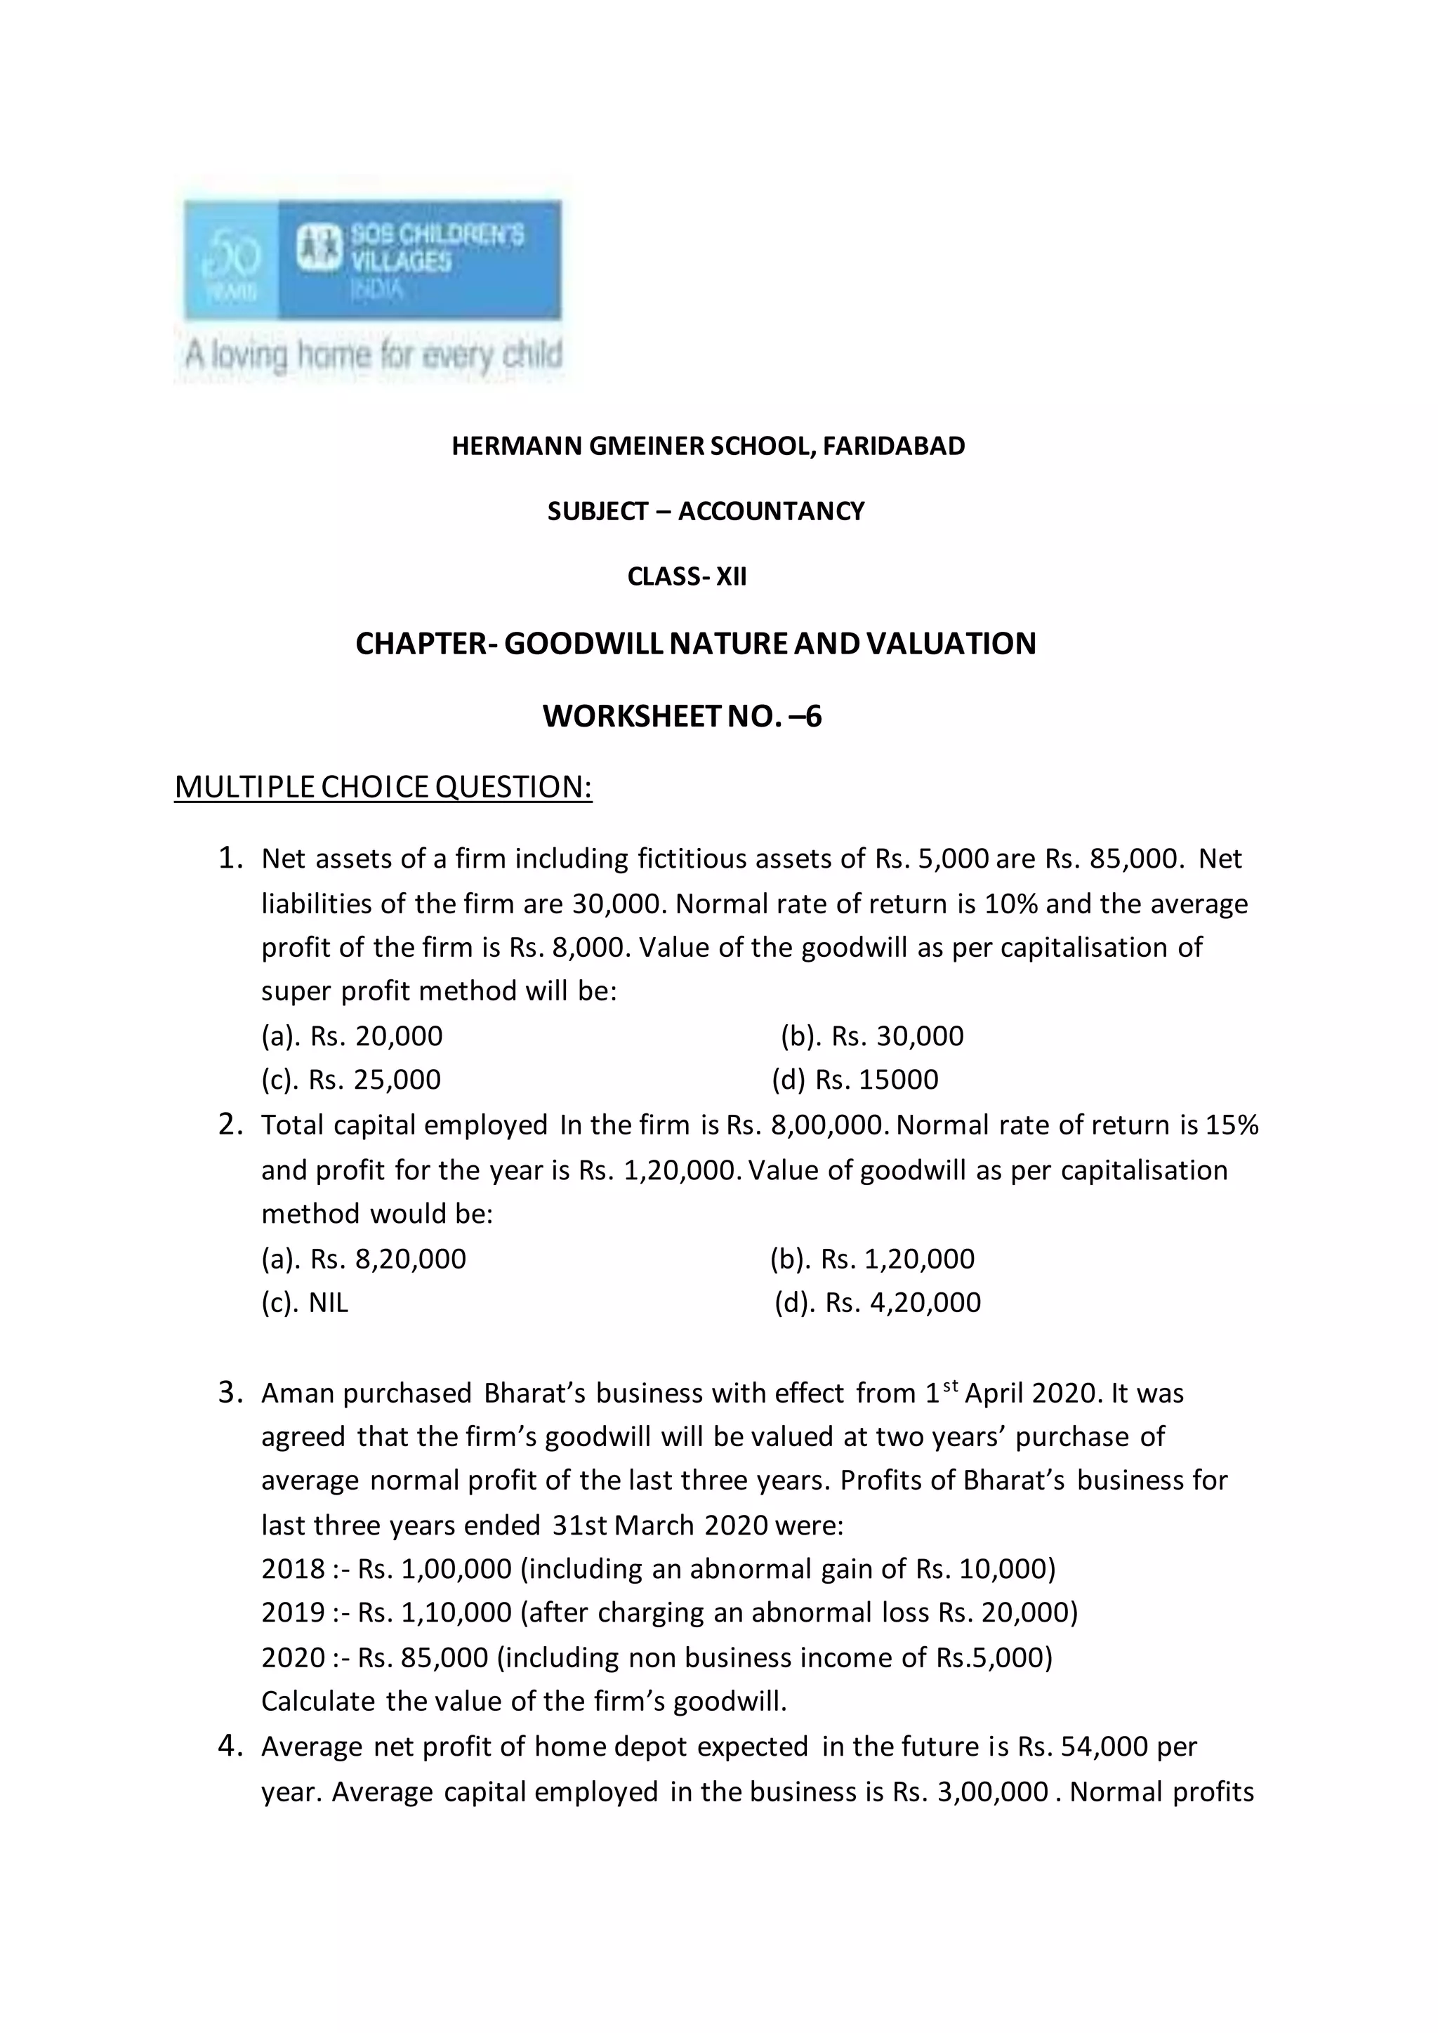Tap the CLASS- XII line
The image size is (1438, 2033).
tap(687, 577)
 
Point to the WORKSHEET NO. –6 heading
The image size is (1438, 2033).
tap(682, 715)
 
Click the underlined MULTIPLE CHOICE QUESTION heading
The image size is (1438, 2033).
tap(383, 786)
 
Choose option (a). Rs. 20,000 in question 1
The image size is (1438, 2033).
tap(352, 1036)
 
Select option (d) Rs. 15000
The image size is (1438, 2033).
tap(855, 1080)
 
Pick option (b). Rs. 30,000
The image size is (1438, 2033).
tap(871, 1036)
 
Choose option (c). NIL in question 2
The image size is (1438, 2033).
tap(305, 1302)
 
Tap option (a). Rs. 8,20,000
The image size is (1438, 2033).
tap(363, 1258)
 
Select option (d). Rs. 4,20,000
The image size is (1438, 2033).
tap(876, 1302)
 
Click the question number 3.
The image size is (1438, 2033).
tap(230, 1393)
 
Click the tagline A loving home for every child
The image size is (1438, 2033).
tap(372, 356)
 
